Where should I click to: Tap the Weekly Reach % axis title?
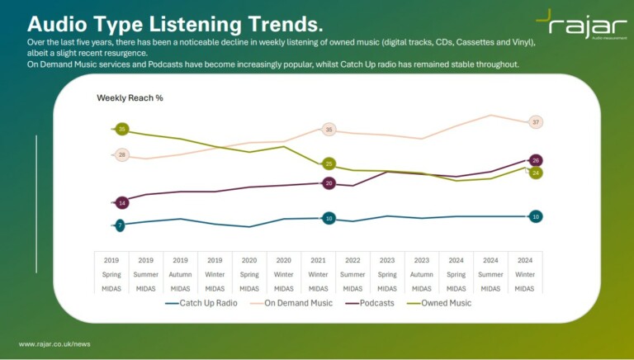(x=130, y=97)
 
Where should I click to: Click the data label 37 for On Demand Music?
(x=536, y=122)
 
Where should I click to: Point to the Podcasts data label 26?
(x=536, y=160)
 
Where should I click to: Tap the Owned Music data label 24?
(x=536, y=173)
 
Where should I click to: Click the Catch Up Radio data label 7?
(x=121, y=225)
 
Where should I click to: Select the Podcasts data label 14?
(x=122, y=202)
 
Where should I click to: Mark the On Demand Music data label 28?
(x=122, y=154)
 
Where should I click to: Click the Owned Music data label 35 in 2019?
(x=122, y=130)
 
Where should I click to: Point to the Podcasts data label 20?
(x=329, y=183)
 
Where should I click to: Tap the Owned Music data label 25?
(x=329, y=163)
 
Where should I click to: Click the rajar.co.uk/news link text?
(x=54, y=343)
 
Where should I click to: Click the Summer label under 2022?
(x=352, y=274)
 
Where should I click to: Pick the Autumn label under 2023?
(x=421, y=274)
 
